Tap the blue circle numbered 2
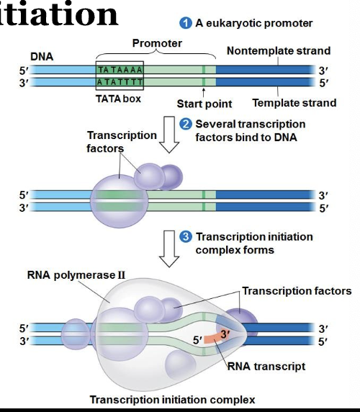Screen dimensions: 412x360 (x=186, y=125)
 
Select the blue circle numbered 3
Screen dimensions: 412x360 (x=186, y=237)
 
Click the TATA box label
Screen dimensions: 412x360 (x=119, y=99)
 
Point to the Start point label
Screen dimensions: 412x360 (x=204, y=104)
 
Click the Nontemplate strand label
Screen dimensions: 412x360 (x=279, y=51)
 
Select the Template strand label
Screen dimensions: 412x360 (x=294, y=103)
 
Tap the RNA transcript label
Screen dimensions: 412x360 (x=266, y=367)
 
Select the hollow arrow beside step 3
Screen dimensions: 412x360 (x=168, y=248)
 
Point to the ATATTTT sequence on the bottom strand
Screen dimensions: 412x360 (x=120, y=82)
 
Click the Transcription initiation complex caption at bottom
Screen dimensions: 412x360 (x=172, y=400)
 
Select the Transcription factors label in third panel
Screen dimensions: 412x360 (x=297, y=291)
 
